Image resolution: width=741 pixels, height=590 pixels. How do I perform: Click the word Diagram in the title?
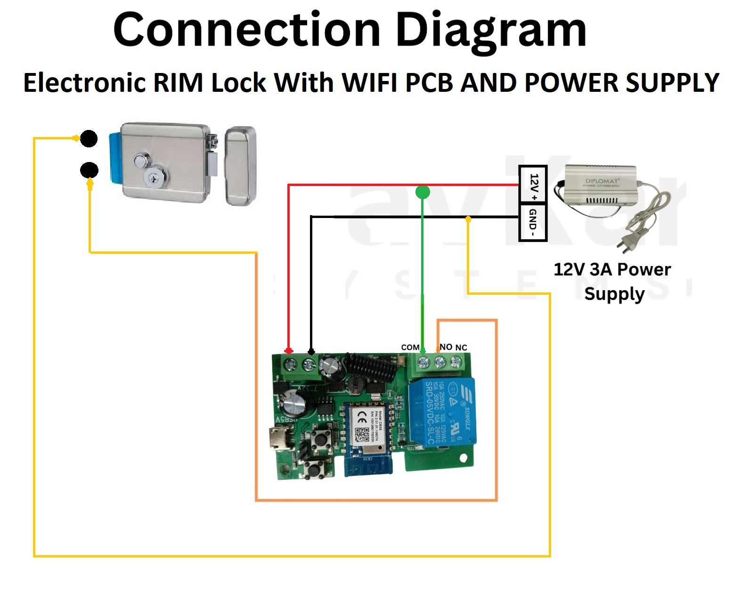pyautogui.click(x=490, y=31)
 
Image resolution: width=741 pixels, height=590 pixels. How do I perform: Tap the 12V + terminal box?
pyautogui.click(x=533, y=185)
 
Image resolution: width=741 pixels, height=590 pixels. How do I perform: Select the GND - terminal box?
pyautogui.click(x=533, y=222)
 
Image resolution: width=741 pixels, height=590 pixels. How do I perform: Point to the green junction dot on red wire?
pyautogui.click(x=423, y=192)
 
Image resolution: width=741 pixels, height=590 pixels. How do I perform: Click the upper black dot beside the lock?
pyautogui.click(x=89, y=139)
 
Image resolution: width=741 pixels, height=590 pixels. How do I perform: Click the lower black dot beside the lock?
pyautogui.click(x=89, y=170)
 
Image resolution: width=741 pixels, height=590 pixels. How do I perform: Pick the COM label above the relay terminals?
pyautogui.click(x=410, y=348)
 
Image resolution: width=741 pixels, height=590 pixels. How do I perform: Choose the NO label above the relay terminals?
pyautogui.click(x=446, y=347)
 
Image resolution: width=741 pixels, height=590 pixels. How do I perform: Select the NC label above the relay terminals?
pyautogui.click(x=461, y=348)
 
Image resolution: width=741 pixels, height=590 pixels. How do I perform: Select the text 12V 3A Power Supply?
pyautogui.click(x=612, y=282)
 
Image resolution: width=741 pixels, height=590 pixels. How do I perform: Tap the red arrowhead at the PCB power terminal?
pyautogui.click(x=288, y=351)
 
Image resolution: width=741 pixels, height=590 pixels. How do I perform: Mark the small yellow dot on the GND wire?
pyautogui.click(x=468, y=219)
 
